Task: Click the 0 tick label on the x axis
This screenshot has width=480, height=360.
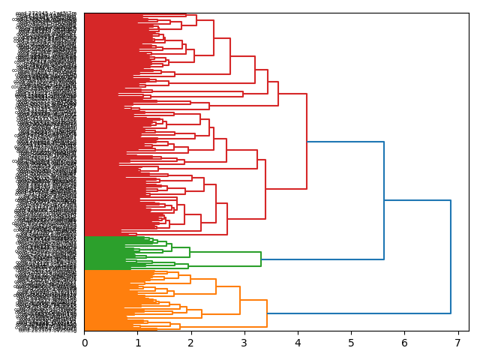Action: tap(85, 343)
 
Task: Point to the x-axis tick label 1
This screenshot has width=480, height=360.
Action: tap(138, 343)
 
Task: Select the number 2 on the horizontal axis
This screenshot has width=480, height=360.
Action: tap(191, 343)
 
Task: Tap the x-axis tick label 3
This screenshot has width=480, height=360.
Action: tap(244, 343)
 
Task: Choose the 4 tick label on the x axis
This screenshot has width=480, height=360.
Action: tap(298, 343)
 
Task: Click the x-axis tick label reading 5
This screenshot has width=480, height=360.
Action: tap(351, 343)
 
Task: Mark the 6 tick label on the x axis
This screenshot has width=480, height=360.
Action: tap(404, 343)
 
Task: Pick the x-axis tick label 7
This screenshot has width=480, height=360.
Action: tap(457, 343)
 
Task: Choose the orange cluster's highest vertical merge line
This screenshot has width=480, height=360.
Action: tap(267, 313)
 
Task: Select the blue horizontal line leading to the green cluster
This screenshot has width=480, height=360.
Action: tap(322, 259)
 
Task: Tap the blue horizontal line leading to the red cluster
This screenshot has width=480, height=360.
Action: tap(345, 142)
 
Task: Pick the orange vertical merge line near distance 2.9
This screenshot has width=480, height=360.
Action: tap(240, 300)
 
